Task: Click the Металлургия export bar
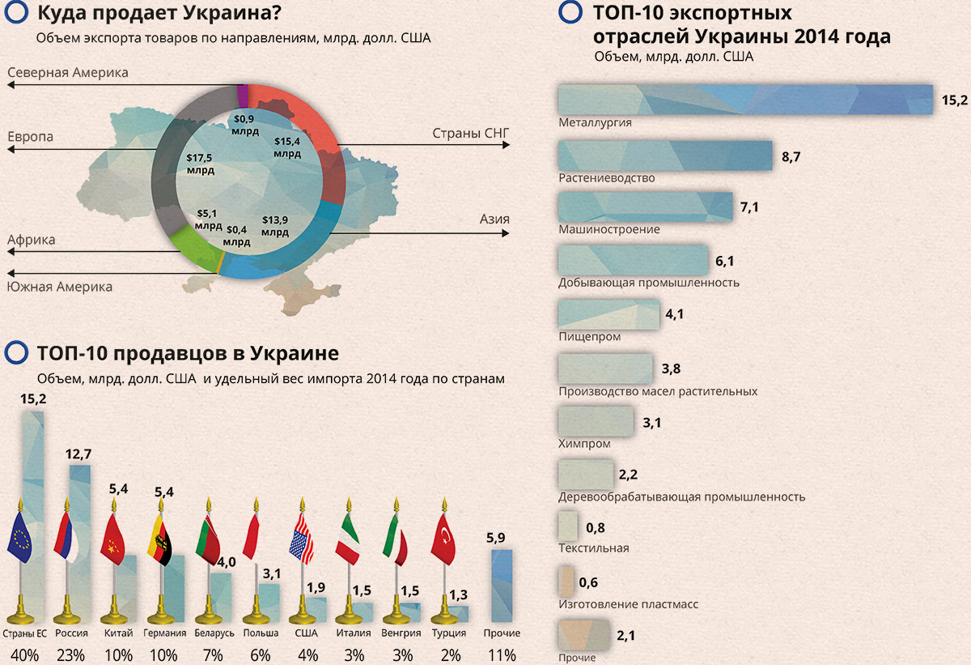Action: click(744, 100)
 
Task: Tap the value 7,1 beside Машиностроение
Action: click(749, 208)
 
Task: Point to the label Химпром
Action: click(584, 444)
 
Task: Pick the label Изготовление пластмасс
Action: click(628, 604)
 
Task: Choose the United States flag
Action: click(302, 539)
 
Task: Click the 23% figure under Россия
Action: click(70, 655)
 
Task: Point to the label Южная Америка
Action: click(60, 287)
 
